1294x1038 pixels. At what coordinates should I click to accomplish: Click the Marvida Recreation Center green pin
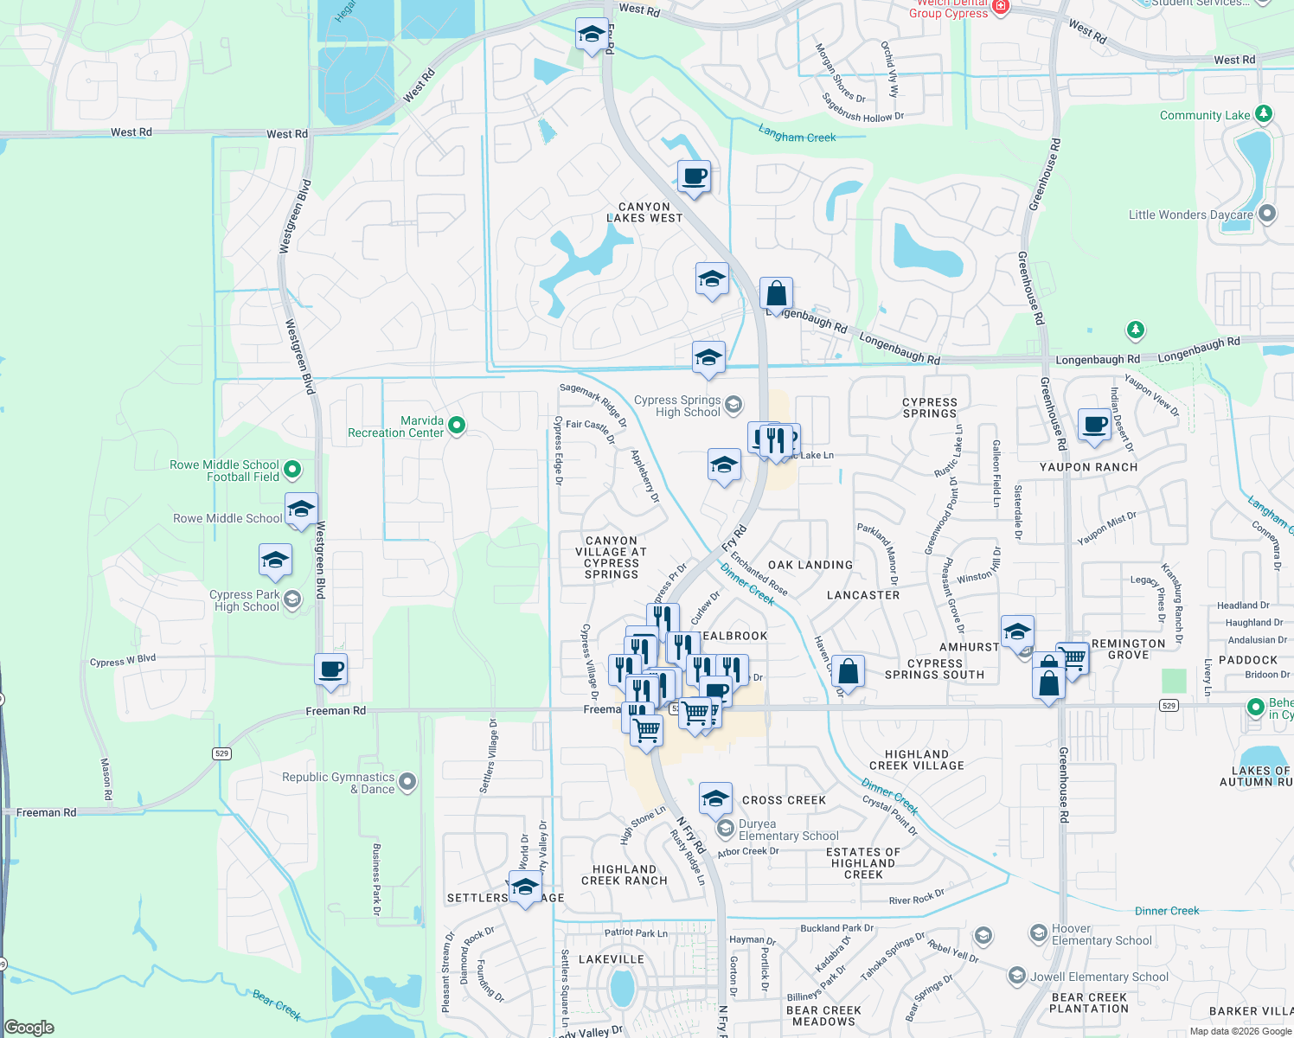[x=457, y=426]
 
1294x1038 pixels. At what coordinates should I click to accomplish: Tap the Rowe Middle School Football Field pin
[x=292, y=470]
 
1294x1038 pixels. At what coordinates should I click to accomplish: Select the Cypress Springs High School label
[x=677, y=407]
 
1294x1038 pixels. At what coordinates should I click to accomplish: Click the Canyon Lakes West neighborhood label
[x=644, y=213]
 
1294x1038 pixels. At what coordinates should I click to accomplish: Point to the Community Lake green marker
[x=1263, y=114]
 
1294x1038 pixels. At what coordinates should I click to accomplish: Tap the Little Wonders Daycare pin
[x=1267, y=214]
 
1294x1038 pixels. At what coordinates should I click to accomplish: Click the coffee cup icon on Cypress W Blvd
[x=331, y=669]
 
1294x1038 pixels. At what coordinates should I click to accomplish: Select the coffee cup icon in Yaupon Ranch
[x=1094, y=426]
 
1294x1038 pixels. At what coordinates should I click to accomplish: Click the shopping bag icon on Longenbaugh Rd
[x=776, y=294]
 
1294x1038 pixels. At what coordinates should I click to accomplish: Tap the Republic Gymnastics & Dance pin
[x=407, y=782]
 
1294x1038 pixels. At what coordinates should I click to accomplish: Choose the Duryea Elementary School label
[x=788, y=830]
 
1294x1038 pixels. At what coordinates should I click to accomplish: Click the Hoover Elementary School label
[x=1101, y=934]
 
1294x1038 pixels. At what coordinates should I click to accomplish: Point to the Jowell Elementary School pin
[x=1017, y=977]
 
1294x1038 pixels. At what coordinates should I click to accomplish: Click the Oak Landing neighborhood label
[x=810, y=565]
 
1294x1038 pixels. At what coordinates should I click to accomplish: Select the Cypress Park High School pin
[x=292, y=599]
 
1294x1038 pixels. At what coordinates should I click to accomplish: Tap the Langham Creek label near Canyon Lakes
[x=797, y=134]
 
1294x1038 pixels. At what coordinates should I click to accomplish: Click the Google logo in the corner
[x=29, y=1028]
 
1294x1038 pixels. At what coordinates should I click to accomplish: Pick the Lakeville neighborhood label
[x=611, y=959]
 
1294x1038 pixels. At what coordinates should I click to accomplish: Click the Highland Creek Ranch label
[x=625, y=875]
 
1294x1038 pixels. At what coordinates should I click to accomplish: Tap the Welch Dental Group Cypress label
[x=948, y=9]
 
